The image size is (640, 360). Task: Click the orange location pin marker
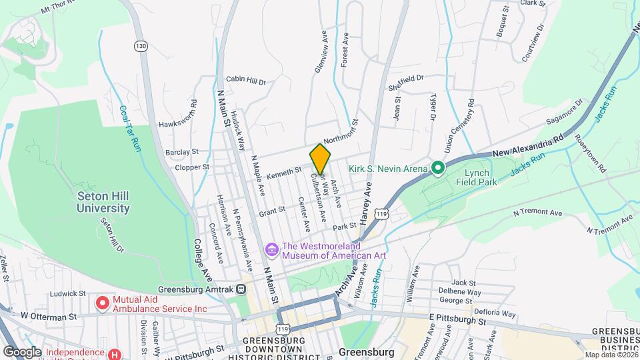(320, 159)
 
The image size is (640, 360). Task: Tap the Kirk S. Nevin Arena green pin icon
(437, 168)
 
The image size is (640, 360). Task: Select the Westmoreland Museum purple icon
(271, 249)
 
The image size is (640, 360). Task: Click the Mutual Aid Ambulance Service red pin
(102, 303)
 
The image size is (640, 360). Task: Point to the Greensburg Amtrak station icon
(241, 289)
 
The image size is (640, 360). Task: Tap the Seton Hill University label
(103, 202)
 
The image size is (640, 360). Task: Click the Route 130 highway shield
(140, 45)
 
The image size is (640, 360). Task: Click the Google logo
(22, 351)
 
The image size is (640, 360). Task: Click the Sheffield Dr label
(405, 78)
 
